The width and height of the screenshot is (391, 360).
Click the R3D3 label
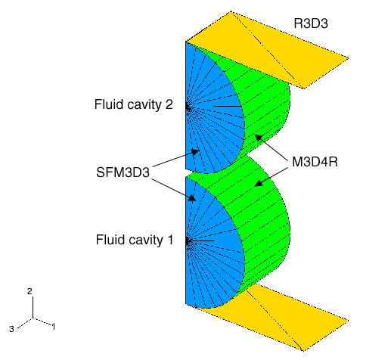pos(311,23)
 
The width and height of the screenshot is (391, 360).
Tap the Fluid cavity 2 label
pos(134,104)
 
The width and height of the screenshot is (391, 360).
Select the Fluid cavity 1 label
pos(135,240)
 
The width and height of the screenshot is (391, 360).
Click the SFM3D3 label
pos(123,172)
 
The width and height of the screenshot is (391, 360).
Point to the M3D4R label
pos(315,162)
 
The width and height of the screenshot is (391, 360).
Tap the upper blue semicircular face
pos(214,113)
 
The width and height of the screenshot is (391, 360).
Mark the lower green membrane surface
pos(265,227)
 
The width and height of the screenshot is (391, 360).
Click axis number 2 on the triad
pos(29,291)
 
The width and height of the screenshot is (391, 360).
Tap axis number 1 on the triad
pos(54,327)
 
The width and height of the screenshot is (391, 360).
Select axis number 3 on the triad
pos(11,329)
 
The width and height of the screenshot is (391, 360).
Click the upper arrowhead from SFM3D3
pos(195,152)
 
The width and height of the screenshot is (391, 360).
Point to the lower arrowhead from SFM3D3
pos(192,197)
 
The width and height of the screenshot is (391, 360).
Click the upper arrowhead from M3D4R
pos(259,138)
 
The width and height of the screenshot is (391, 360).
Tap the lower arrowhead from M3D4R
pos(259,183)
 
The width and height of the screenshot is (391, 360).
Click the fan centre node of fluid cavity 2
pos(188,107)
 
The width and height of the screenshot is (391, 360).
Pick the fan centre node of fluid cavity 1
pos(188,242)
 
